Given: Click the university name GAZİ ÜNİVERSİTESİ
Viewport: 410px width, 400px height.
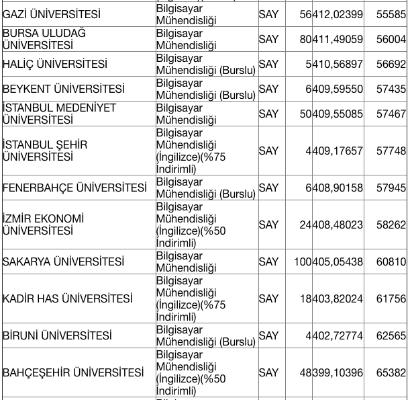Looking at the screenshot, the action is (51, 14).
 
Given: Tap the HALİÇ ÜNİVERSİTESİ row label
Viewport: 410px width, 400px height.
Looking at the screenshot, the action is (55, 64).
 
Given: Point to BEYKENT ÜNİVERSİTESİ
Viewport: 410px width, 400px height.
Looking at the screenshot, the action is (64, 89).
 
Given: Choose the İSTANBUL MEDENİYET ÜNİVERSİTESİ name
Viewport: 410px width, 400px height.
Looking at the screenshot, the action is (59, 114).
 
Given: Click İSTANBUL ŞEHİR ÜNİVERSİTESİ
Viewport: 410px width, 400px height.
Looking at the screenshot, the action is (45, 151).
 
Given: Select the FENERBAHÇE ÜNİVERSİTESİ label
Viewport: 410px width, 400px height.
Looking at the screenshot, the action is (74, 188).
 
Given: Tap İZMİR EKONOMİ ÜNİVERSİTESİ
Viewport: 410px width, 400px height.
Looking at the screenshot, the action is (44, 225).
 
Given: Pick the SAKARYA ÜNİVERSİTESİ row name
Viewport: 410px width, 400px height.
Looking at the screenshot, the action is (64, 262).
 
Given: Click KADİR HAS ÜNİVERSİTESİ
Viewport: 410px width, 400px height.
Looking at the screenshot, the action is (68, 298).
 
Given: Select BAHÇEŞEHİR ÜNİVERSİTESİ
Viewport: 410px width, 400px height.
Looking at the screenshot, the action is (73, 372).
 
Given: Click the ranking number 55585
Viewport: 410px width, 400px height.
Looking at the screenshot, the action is (391, 14).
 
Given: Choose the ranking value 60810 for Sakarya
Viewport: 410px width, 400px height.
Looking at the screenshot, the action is (391, 262).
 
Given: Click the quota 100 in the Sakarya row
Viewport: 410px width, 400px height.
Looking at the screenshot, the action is (303, 262).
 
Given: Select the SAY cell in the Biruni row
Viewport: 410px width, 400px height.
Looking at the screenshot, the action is (268, 335).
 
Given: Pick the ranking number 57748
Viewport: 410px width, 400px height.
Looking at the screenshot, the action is (391, 151).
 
